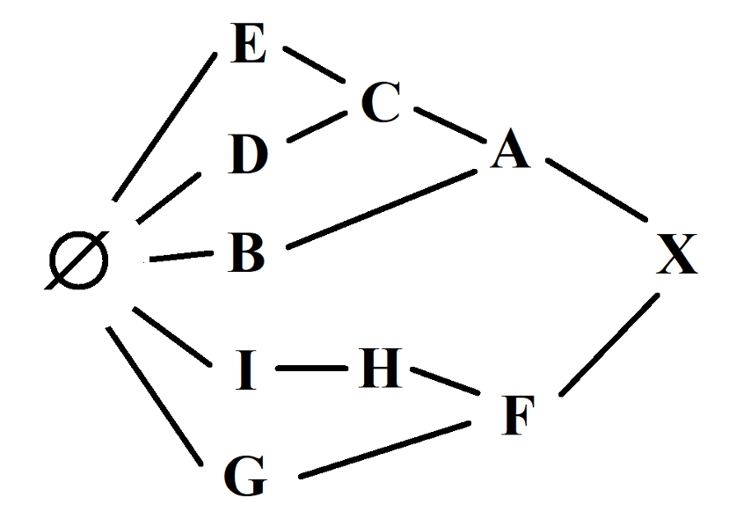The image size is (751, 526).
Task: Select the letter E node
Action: [x=248, y=43]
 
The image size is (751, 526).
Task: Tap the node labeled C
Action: [x=381, y=102]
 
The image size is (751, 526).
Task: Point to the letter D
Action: [x=248, y=154]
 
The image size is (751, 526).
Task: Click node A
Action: [x=511, y=149]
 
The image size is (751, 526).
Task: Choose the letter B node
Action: [x=246, y=252]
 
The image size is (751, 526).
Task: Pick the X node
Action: [x=677, y=254]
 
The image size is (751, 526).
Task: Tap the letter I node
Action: [x=246, y=369]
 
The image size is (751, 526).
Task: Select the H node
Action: [x=380, y=368]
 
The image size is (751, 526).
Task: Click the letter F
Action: [x=517, y=415]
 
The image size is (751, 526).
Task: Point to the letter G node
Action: [x=244, y=476]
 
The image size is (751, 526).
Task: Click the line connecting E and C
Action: [x=314, y=65]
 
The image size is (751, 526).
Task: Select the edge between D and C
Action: [x=317, y=127]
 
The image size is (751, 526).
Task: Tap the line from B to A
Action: [x=382, y=208]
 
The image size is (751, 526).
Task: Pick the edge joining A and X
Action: [x=597, y=190]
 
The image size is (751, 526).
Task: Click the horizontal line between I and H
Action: [x=312, y=368]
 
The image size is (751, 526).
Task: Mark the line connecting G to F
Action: [x=384, y=449]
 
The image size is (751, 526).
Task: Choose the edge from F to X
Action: [x=609, y=345]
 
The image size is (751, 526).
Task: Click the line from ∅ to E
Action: [x=164, y=127]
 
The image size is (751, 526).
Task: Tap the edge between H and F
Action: [x=445, y=382]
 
